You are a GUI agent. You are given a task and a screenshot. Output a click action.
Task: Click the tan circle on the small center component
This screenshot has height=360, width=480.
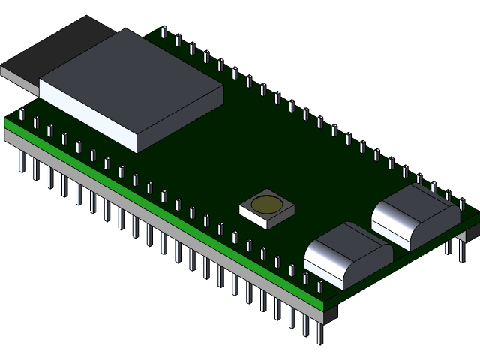266,204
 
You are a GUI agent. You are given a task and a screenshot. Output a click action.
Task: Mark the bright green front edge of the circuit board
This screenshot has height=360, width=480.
150,206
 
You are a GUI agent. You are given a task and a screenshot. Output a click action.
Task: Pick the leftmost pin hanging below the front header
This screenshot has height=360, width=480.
21,161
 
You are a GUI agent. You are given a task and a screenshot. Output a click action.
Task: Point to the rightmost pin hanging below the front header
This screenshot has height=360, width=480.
321,334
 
